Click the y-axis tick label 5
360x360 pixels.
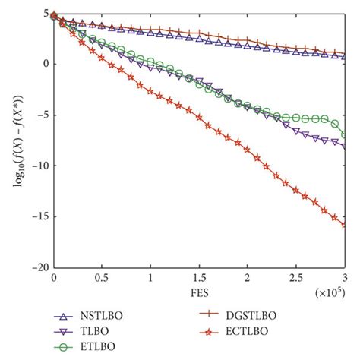pos(46,14)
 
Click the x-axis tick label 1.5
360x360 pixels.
pos(199,279)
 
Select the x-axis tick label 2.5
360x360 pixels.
pos(296,279)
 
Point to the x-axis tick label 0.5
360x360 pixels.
pos(102,279)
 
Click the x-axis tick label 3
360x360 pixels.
pos(345,279)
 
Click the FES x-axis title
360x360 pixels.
pos(199,292)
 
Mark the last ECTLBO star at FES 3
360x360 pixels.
pos(344,225)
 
